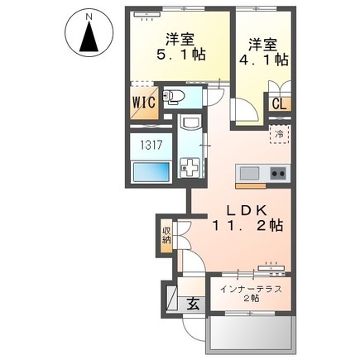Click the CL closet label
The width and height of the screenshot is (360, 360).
pos(278,106)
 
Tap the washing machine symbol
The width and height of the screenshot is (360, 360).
pos(191,167)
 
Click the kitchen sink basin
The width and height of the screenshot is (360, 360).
pos(249,174)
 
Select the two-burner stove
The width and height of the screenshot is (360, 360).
pos(278,174)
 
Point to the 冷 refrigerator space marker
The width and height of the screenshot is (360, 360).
pos(280,132)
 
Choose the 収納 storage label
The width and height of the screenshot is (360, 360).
pos(167,233)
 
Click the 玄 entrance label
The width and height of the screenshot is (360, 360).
pos(192,303)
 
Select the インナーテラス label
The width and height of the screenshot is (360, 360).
pos(251,290)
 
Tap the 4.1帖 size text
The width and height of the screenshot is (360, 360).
pos(266,60)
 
